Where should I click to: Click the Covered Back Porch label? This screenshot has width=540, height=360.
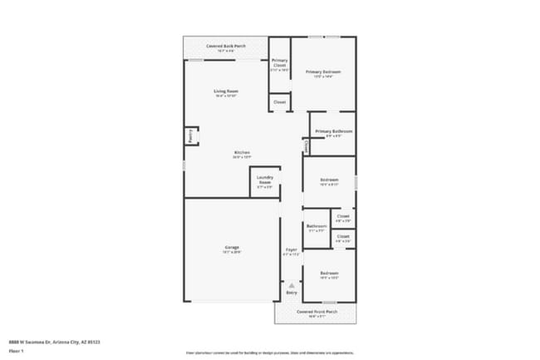point(225,47)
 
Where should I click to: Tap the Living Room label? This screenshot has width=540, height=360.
point(226,91)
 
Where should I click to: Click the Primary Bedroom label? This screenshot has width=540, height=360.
point(323,72)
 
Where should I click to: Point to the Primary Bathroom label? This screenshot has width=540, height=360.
point(333,131)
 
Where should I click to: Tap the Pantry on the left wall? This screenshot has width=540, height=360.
point(190,136)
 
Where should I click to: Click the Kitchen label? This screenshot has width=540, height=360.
point(242,153)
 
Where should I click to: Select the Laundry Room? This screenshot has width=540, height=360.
point(265,180)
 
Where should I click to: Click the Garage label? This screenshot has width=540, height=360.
point(232,248)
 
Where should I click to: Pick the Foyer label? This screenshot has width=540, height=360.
point(292,249)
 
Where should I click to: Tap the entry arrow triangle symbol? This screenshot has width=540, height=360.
point(292,285)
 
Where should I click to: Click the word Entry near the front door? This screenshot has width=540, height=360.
point(292,293)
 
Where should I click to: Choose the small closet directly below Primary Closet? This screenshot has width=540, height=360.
point(279,102)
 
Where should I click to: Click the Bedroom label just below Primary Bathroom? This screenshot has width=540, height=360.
point(329,180)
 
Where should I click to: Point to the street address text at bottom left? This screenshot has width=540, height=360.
point(51,341)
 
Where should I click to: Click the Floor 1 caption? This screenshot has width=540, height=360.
point(15,352)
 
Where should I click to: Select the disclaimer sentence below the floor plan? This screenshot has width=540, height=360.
point(269,353)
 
